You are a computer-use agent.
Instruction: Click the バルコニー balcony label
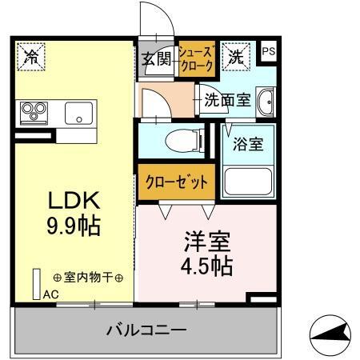pos(147,330)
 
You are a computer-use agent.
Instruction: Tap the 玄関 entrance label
pos(158,58)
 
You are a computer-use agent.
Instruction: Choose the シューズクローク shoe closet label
pos(195,58)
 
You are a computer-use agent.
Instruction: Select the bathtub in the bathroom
pos(247,182)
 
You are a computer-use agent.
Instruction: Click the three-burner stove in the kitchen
pos(34,111)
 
